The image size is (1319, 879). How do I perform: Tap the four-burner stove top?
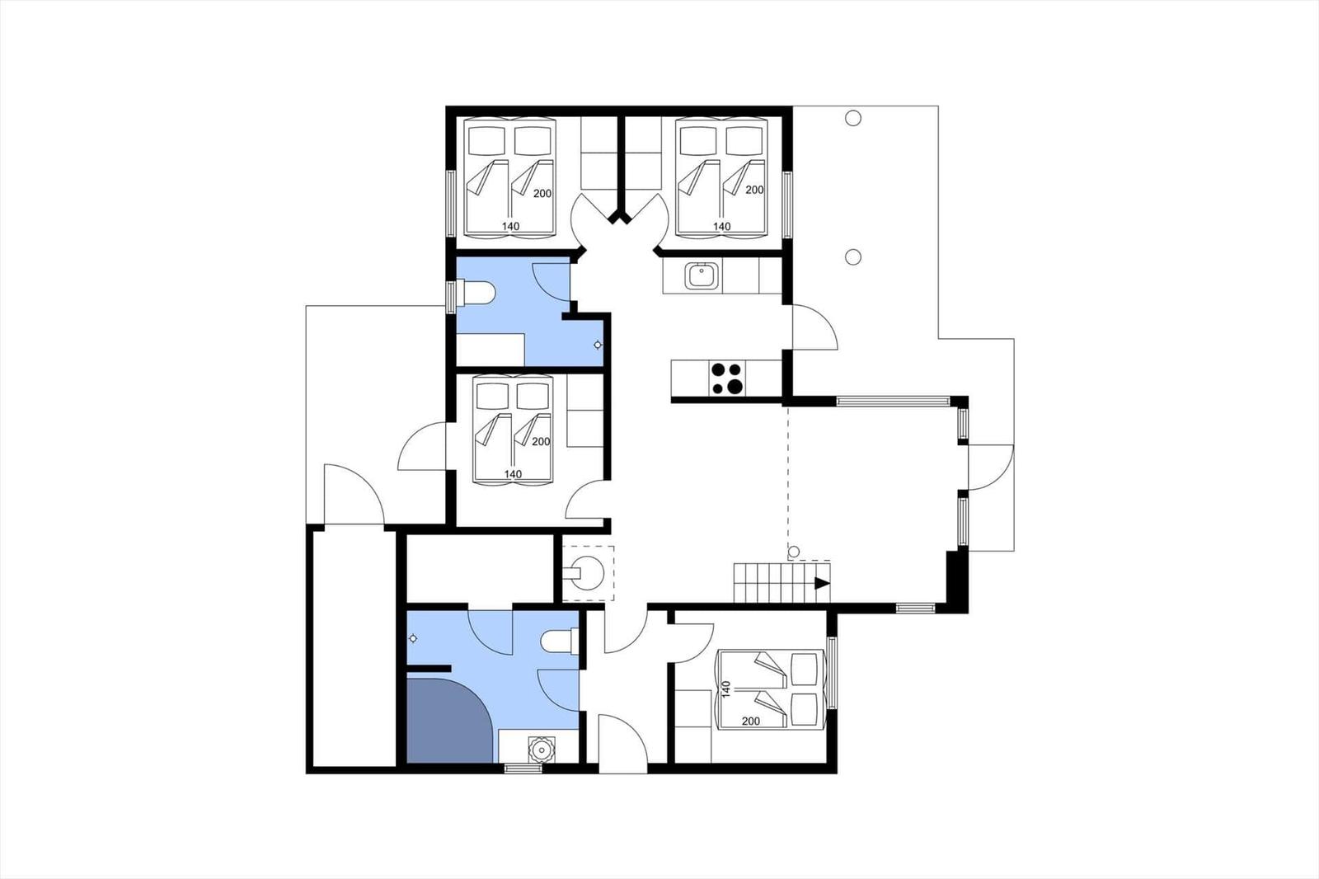point(727,378)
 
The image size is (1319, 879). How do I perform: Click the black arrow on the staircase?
point(822,583)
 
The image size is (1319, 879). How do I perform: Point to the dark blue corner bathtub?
point(448,722)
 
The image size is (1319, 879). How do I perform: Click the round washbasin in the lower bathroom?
point(541,750)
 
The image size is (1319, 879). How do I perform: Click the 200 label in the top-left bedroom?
point(542,193)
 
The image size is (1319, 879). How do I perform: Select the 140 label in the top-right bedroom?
point(722,226)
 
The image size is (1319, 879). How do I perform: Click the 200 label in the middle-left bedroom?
point(541,441)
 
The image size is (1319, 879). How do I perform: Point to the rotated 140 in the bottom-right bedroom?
point(726,689)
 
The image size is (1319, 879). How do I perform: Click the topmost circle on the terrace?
point(853,119)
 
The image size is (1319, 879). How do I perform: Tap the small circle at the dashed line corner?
point(794,552)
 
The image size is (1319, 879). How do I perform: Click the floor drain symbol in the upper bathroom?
point(598,345)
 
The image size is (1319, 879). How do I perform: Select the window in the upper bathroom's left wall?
point(452,297)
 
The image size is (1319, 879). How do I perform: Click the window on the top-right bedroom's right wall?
point(787,204)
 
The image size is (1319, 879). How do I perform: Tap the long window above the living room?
point(893,402)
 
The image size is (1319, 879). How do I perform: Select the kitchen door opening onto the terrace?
point(814,327)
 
